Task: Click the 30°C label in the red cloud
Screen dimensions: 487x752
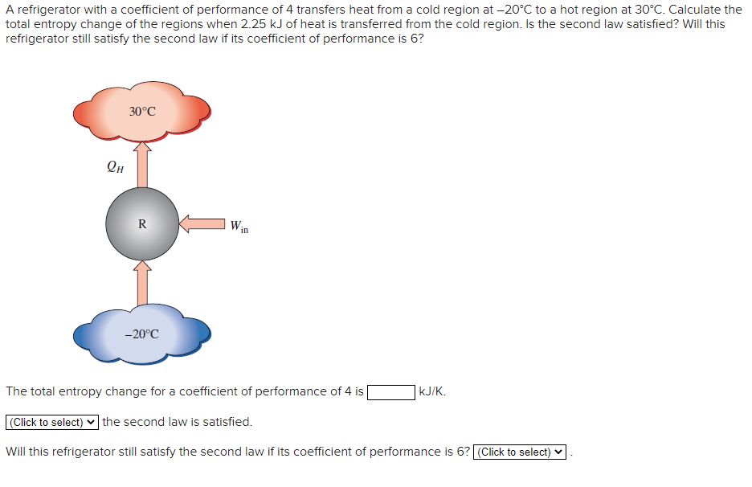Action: coord(142,111)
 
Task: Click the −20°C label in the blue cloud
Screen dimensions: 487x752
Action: coord(141,334)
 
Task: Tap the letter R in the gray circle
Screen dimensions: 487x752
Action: coord(142,224)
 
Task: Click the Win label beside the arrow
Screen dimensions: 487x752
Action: coord(239,227)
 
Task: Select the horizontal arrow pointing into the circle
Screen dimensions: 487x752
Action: coord(202,223)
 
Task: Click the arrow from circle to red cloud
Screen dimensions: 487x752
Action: coord(142,164)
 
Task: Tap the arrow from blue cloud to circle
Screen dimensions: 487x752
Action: coord(142,282)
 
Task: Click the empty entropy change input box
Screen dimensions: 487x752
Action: coord(391,392)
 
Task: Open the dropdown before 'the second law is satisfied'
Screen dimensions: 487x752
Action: coord(52,422)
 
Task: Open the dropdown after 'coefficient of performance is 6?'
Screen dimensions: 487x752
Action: coord(521,452)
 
